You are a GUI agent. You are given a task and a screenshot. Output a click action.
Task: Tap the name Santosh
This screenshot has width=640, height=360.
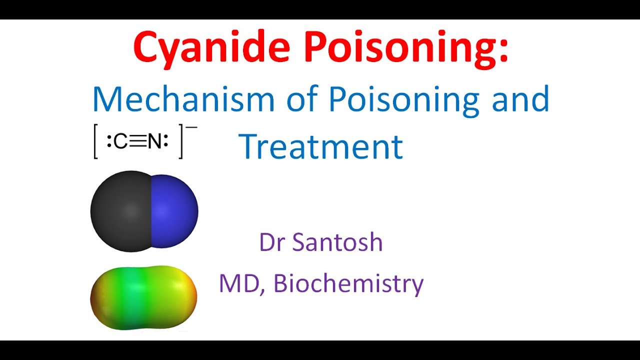[x=337, y=242]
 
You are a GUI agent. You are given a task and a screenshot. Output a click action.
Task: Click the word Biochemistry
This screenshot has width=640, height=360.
[x=348, y=283]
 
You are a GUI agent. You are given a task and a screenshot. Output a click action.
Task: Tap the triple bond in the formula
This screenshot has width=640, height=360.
[x=137, y=142]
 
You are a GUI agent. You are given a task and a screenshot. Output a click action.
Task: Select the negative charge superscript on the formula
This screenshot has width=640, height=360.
[x=192, y=128]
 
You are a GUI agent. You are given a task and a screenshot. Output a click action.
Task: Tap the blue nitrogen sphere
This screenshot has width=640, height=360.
[x=175, y=211]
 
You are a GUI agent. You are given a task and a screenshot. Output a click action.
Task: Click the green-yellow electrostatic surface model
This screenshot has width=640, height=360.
[x=143, y=297]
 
